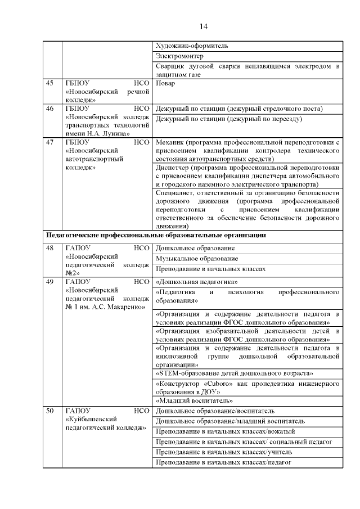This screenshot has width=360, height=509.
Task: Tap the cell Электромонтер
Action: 179,56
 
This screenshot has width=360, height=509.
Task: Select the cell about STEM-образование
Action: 233,373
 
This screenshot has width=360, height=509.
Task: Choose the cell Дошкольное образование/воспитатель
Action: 215,411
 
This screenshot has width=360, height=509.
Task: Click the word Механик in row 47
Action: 170,143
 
